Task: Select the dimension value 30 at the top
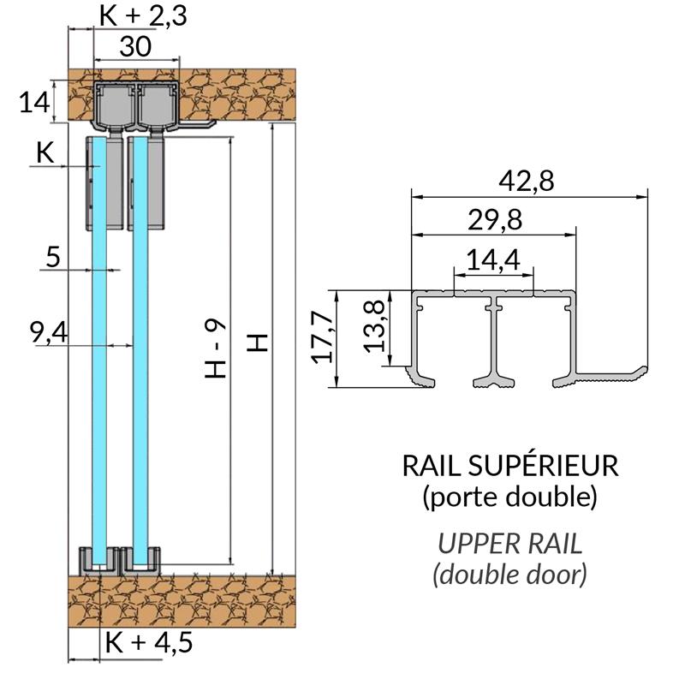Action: [x=136, y=46]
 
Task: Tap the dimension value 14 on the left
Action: [x=34, y=104]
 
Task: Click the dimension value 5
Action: [x=53, y=257]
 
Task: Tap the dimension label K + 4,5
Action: [x=143, y=642]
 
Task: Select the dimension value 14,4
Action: [x=493, y=259]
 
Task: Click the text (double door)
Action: [x=510, y=574]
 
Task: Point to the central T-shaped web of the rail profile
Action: [x=494, y=342]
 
